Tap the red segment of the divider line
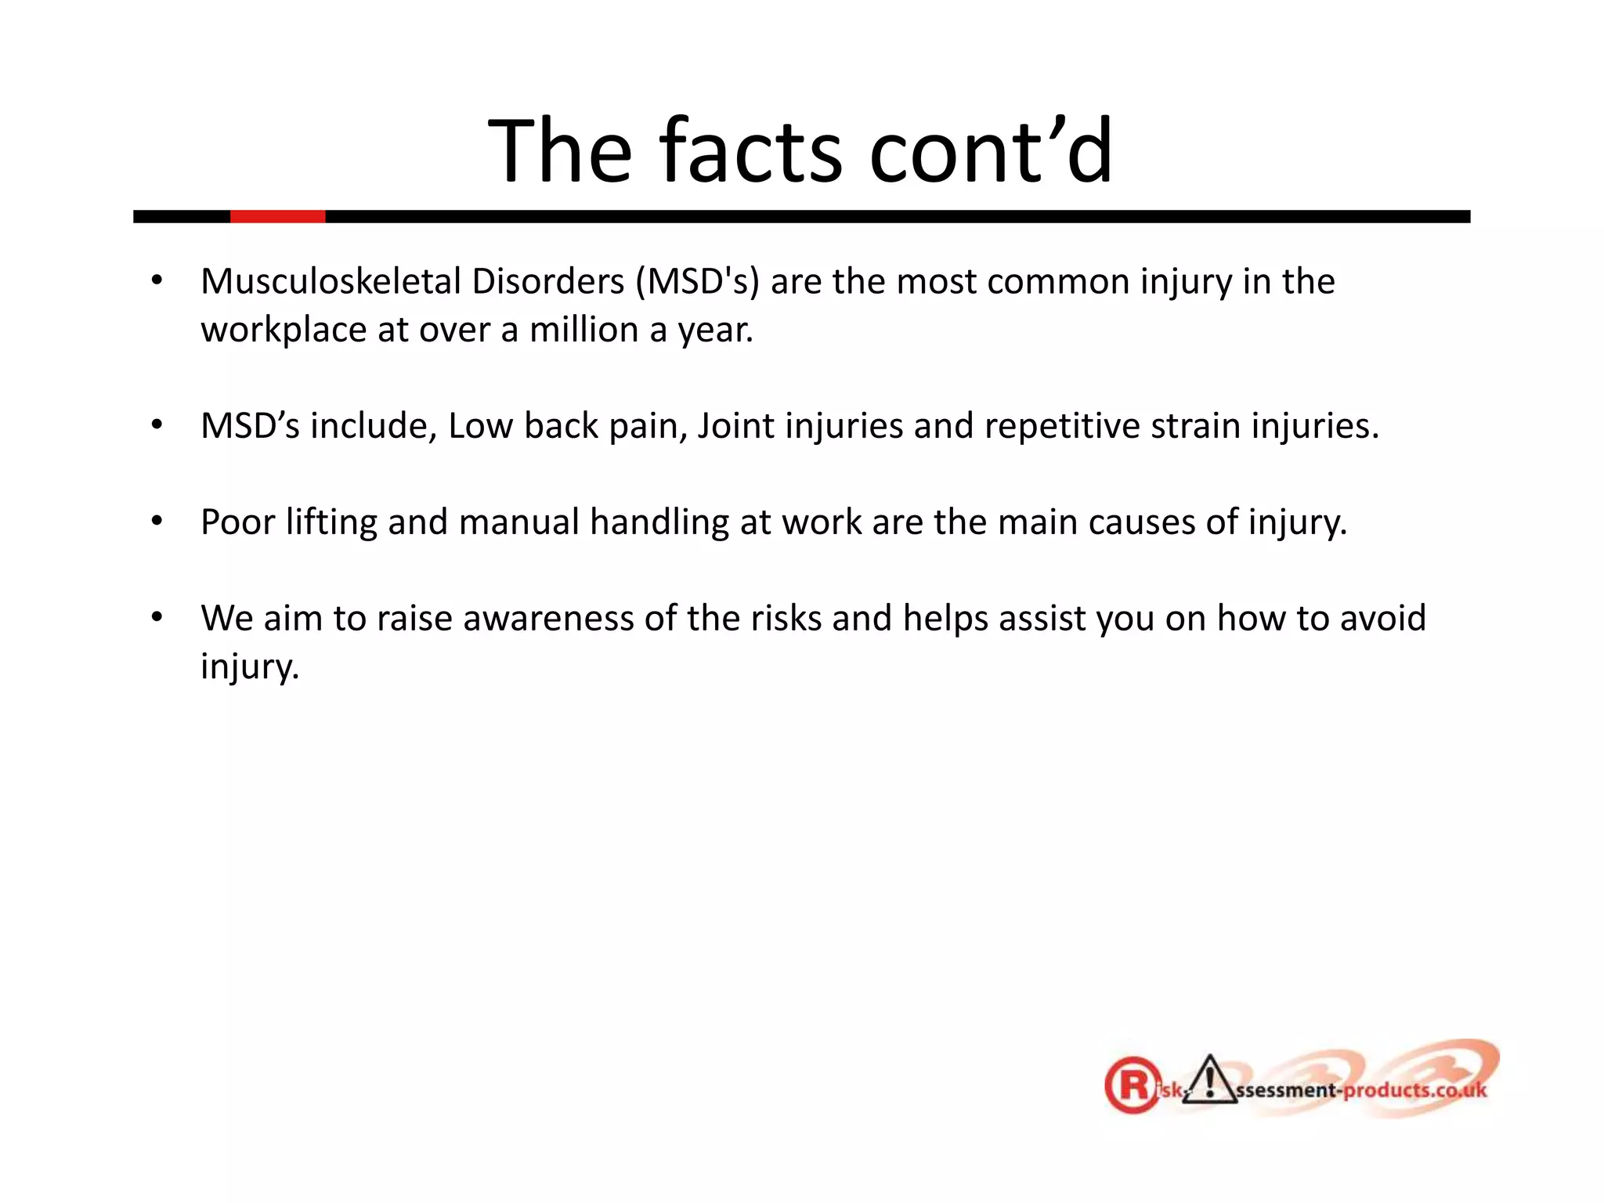pyautogui.click(x=277, y=216)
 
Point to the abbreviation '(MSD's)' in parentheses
pyautogui.click(x=697, y=282)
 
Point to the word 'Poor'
pyautogui.click(x=237, y=522)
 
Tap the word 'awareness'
pyautogui.click(x=548, y=619)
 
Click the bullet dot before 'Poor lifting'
pyautogui.click(x=157, y=521)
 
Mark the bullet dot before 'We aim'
pyautogui.click(x=157, y=617)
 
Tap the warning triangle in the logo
pyautogui.click(x=1210, y=1081)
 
